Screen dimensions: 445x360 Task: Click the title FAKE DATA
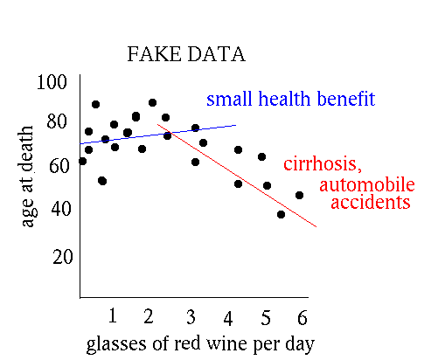tap(186, 54)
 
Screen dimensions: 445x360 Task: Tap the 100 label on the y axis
tap(52, 82)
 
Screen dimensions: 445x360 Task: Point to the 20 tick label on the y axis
tap(62, 257)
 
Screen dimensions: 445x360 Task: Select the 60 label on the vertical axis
tap(59, 166)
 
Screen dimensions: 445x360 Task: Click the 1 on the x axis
tap(113, 315)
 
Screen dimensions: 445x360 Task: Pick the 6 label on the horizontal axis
tap(302, 317)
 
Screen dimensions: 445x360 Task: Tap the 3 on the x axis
tap(191, 317)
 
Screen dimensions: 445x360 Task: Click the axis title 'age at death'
tap(27, 177)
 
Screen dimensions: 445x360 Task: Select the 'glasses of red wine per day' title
tap(200, 344)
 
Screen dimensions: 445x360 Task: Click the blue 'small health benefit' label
tap(291, 99)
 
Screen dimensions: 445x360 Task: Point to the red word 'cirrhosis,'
tap(323, 163)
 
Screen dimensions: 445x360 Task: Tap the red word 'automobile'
tap(367, 184)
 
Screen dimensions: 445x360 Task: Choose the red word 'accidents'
tap(371, 202)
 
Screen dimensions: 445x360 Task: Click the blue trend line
tap(158, 135)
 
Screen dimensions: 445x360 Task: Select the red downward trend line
tap(237, 176)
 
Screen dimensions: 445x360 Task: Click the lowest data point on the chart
tap(281, 215)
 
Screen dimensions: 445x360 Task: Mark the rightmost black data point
tap(299, 195)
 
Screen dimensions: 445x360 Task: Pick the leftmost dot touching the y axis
tap(83, 161)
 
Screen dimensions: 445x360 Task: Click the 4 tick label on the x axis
tap(228, 319)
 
